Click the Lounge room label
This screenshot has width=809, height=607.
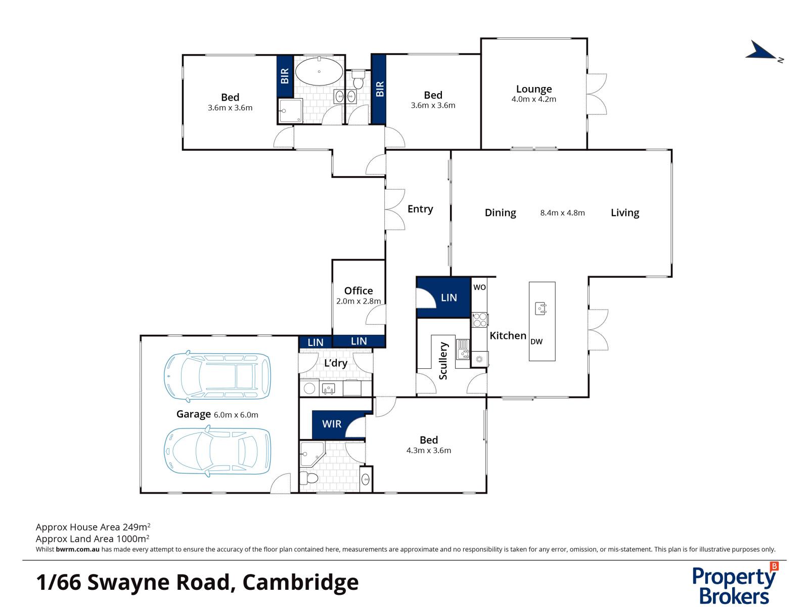(x=533, y=89)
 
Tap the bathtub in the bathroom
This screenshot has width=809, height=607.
(x=319, y=72)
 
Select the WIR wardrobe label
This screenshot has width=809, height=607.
(x=332, y=424)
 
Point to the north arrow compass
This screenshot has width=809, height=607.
(x=763, y=52)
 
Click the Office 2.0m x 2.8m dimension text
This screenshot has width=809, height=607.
(x=358, y=301)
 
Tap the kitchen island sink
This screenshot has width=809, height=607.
(x=541, y=309)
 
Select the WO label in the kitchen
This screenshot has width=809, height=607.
(x=479, y=287)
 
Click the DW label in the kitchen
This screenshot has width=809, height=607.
(x=536, y=342)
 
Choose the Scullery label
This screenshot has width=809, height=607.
(x=443, y=361)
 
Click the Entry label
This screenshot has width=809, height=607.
(x=420, y=209)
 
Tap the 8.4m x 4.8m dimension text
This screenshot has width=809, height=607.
(x=562, y=213)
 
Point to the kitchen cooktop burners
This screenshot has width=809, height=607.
(x=480, y=319)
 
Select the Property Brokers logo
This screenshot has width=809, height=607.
(x=735, y=584)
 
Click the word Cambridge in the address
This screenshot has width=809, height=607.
(x=301, y=582)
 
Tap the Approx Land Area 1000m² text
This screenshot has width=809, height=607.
(x=93, y=539)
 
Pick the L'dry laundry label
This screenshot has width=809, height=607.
(x=336, y=363)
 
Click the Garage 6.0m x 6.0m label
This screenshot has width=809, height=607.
(x=217, y=414)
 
